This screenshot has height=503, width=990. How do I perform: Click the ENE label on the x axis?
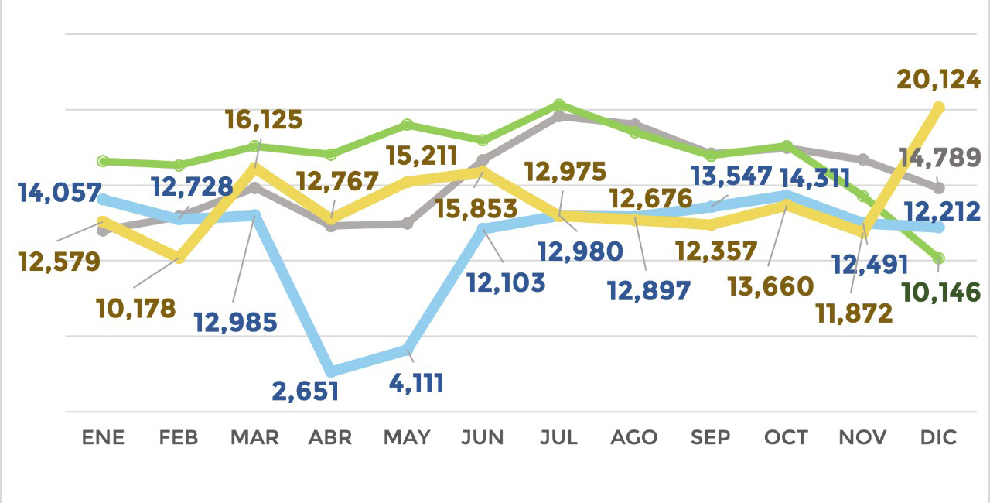[103, 437]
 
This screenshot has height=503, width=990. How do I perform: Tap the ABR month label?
[330, 437]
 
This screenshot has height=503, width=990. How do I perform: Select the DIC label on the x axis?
[939, 437]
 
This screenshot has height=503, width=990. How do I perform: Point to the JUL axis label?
[558, 437]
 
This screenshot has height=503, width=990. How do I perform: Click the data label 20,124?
[939, 79]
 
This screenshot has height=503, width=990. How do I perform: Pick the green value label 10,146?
[942, 293]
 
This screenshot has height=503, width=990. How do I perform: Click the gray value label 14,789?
[940, 158]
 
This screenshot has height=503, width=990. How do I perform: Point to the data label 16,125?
[264, 120]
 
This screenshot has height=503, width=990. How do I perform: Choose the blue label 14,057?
[60, 192]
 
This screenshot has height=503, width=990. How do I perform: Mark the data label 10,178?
[136, 308]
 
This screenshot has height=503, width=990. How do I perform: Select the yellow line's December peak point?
[939, 107]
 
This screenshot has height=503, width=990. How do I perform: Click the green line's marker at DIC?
[939, 258]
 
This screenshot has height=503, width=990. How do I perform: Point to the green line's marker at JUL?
[559, 104]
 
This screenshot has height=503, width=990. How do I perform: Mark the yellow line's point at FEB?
[179, 257]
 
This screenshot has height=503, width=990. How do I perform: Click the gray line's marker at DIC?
[939, 187]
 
